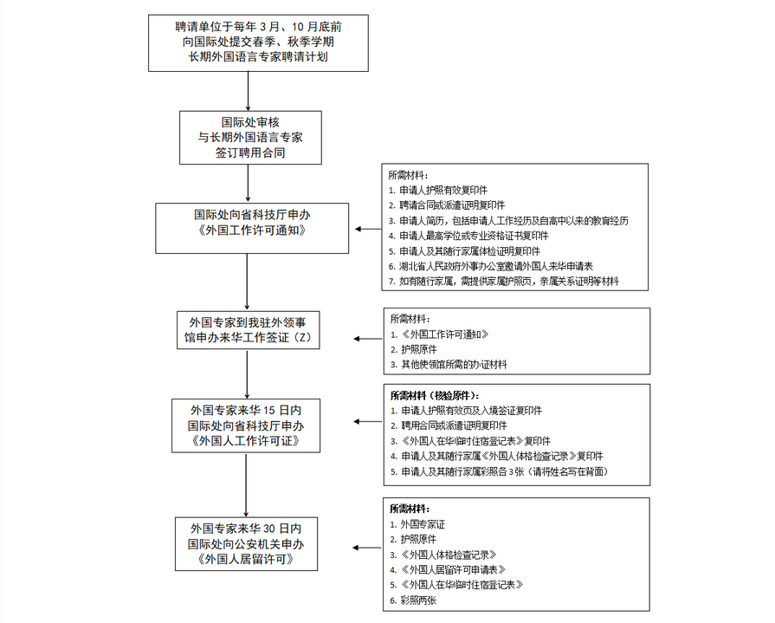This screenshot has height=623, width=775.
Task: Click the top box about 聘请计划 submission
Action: (250, 42)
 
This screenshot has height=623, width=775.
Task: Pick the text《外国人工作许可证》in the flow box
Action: (248, 441)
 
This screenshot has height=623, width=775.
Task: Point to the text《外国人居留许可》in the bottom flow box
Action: (248, 560)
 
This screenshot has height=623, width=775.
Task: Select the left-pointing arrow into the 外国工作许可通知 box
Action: (367, 230)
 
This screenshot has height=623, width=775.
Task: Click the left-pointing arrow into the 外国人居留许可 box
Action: (367, 547)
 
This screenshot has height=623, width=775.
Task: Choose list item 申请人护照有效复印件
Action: (438, 190)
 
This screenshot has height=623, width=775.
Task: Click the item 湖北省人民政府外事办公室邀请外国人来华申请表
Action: (502, 267)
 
